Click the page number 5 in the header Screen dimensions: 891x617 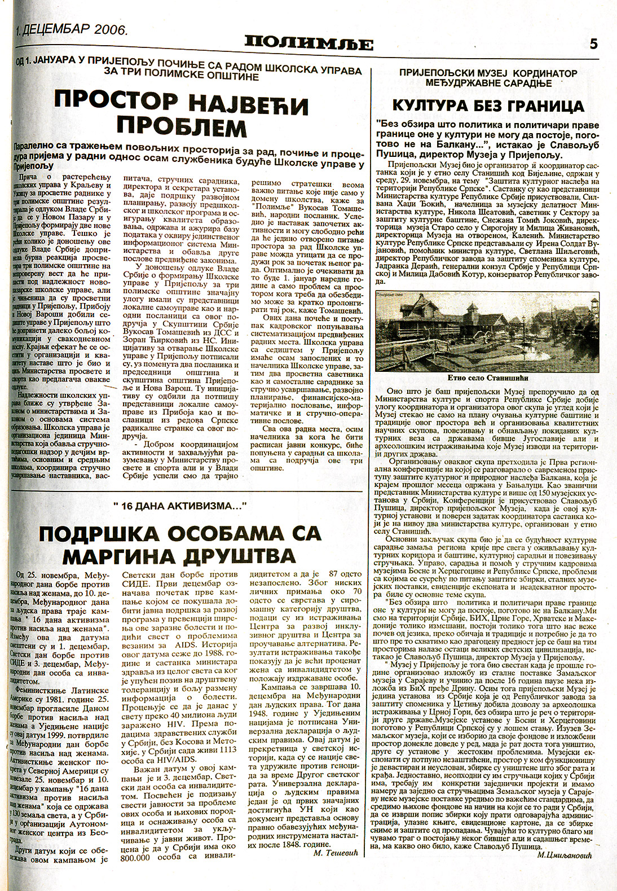593,43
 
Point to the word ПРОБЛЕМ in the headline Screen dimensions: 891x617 182,128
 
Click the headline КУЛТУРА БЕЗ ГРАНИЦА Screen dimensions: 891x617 488,106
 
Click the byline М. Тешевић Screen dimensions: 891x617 335,868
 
